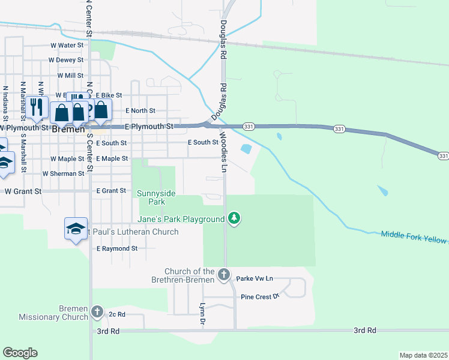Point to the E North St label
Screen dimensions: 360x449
140,111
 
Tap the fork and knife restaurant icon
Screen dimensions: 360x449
38,107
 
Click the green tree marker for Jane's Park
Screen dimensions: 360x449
234,219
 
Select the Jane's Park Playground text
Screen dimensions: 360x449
182,220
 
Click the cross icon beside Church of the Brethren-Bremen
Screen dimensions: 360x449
224,275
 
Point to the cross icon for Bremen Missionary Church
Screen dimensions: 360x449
98,311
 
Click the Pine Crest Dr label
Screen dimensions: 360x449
260,296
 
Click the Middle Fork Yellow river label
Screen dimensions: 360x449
414,236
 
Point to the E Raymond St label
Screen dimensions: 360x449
117,248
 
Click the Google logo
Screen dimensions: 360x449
20,353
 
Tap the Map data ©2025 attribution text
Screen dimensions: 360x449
423,355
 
